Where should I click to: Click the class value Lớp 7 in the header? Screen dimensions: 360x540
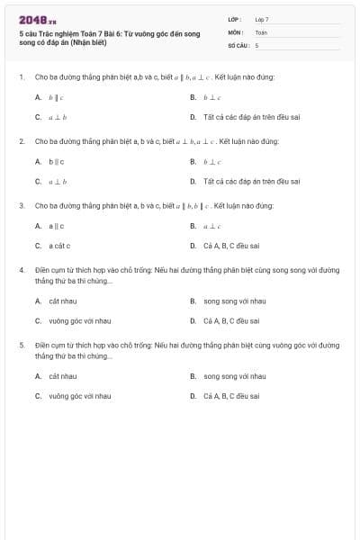(x=262, y=19)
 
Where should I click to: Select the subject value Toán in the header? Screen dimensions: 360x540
(x=261, y=31)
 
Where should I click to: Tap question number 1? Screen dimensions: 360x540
(x=21, y=77)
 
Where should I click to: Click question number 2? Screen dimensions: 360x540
(x=21, y=141)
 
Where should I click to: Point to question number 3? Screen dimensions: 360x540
(x=21, y=206)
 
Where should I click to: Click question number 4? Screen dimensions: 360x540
(x=21, y=270)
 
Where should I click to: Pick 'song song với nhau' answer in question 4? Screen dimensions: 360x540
(x=234, y=301)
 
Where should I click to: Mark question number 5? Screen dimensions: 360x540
(x=21, y=345)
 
